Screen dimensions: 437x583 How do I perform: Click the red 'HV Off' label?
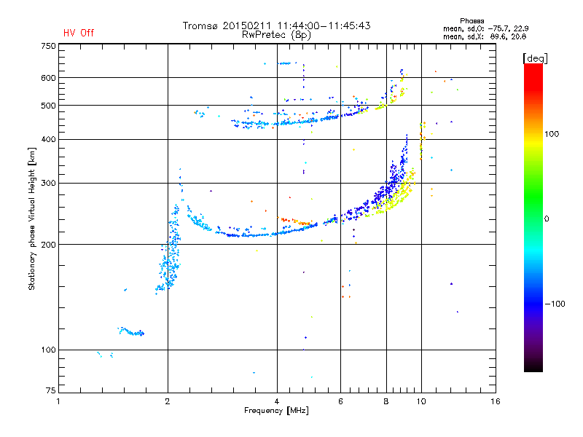click(79, 33)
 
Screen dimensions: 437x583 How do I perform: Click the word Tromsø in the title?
click(200, 25)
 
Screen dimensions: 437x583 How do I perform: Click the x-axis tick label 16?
click(496, 401)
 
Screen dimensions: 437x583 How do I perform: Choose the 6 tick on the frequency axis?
click(341, 401)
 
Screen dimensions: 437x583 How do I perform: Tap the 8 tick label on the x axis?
click(386, 401)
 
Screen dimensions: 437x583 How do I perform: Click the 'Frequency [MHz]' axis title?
click(276, 411)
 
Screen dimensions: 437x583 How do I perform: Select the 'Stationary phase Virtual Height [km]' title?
click(32, 219)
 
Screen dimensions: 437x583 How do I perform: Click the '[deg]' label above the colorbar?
click(535, 58)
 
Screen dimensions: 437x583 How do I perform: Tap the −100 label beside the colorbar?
click(553, 304)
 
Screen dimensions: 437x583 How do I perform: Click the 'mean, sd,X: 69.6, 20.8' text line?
click(479, 36)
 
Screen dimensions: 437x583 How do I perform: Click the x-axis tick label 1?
click(58, 401)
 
